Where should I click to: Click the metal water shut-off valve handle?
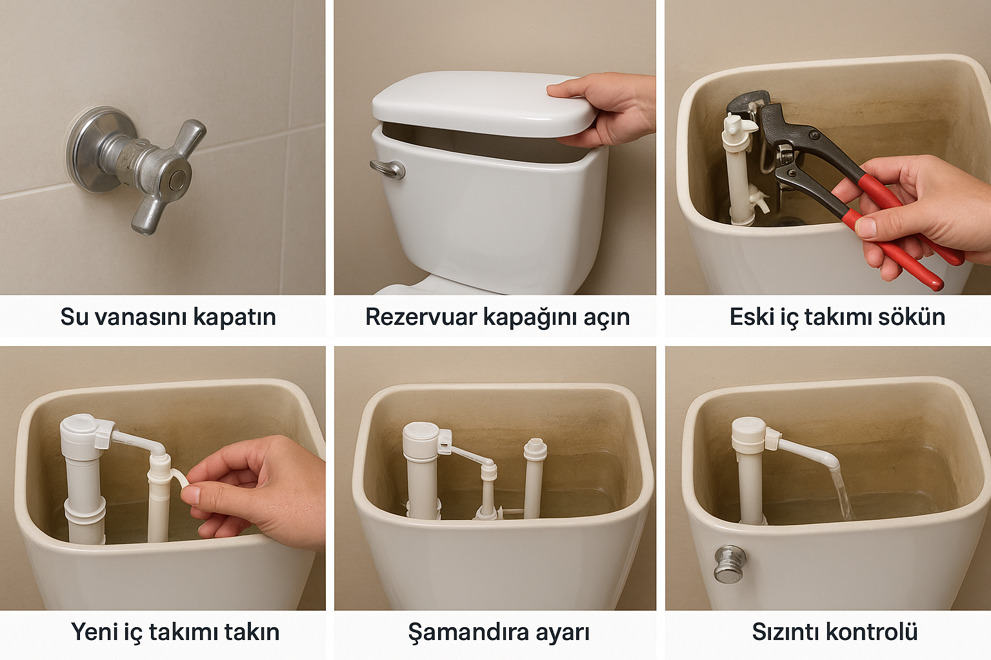168,176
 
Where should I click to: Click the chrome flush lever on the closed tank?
387,170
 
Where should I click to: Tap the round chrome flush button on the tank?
729,563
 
